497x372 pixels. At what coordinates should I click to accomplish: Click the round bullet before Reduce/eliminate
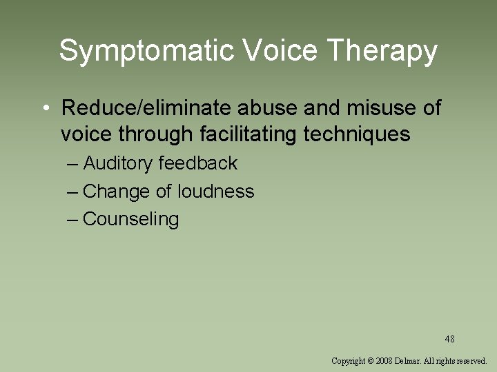click(x=43, y=109)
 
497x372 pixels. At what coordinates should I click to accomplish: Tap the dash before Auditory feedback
click(x=73, y=165)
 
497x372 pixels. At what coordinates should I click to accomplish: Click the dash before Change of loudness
click(x=73, y=193)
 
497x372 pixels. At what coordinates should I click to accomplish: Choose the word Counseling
click(x=130, y=219)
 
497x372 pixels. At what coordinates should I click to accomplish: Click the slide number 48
click(x=449, y=339)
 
